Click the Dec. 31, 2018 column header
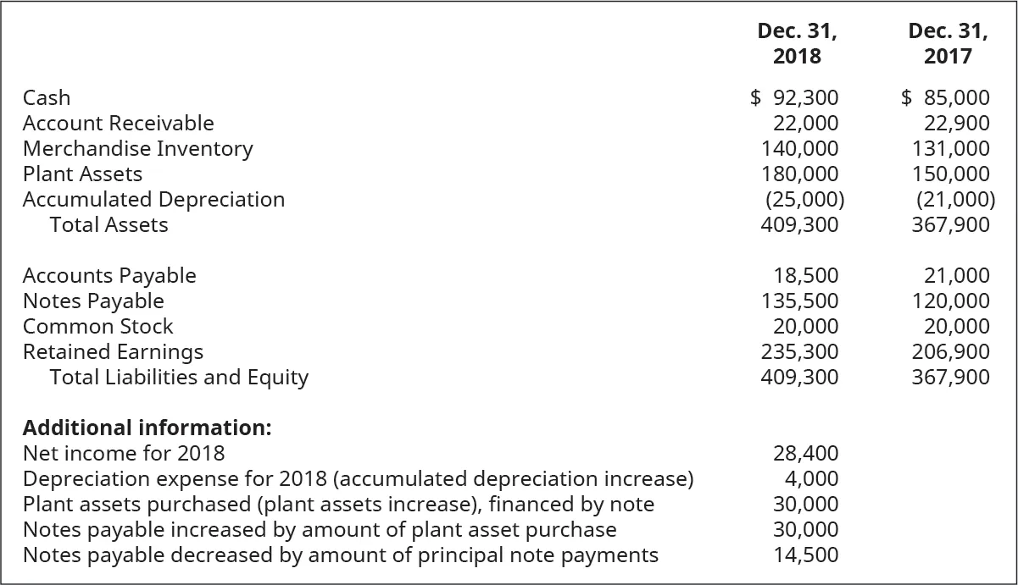(797, 44)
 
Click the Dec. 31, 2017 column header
(948, 44)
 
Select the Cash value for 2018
(795, 98)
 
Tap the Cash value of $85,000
(945, 98)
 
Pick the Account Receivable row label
(118, 124)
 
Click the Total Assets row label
(108, 225)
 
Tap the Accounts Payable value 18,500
(806, 276)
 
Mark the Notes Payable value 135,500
(800, 301)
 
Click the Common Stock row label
(97, 327)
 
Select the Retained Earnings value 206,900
(950, 352)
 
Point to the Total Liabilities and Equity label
(179, 378)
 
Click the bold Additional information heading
(147, 428)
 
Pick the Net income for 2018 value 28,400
(806, 454)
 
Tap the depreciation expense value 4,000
(812, 479)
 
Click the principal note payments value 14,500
(806, 555)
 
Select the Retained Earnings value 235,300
(800, 352)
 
